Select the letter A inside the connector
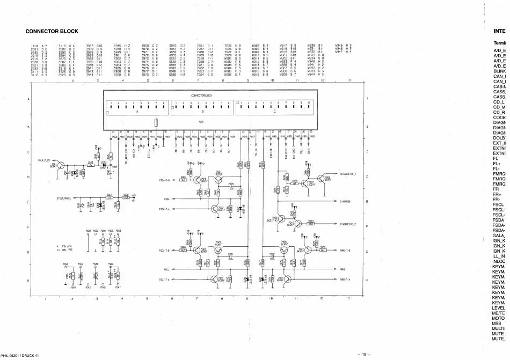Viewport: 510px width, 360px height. coord(136,112)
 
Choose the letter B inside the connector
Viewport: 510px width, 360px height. coord(202,112)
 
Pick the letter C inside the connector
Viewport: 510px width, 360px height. coord(275,112)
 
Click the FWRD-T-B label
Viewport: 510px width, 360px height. coord(345,250)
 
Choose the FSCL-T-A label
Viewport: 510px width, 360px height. coord(164,280)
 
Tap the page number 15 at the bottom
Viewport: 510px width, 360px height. coord(363,354)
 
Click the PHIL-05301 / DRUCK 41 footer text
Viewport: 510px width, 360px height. coord(20,355)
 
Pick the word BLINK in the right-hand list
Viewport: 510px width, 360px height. coord(499,70)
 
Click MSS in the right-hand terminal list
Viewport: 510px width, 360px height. coord(497,324)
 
